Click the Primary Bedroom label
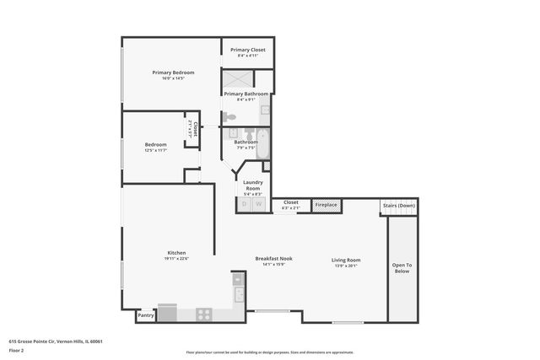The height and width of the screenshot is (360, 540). (x=173, y=73)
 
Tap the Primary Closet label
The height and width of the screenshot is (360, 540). (x=247, y=50)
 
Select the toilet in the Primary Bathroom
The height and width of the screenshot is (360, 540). (x=229, y=116)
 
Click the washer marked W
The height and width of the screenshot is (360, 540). (x=259, y=204)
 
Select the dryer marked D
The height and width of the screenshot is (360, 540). (x=245, y=204)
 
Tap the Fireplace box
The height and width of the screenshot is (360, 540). (x=326, y=205)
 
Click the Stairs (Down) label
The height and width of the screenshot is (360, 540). (x=399, y=205)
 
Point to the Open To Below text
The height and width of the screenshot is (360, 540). (x=402, y=268)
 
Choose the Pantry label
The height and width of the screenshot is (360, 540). (x=145, y=316)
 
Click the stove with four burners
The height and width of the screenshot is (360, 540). (x=204, y=314)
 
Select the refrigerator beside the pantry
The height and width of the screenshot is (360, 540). (x=167, y=314)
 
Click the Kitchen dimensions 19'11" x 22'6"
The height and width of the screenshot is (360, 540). (x=176, y=260)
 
